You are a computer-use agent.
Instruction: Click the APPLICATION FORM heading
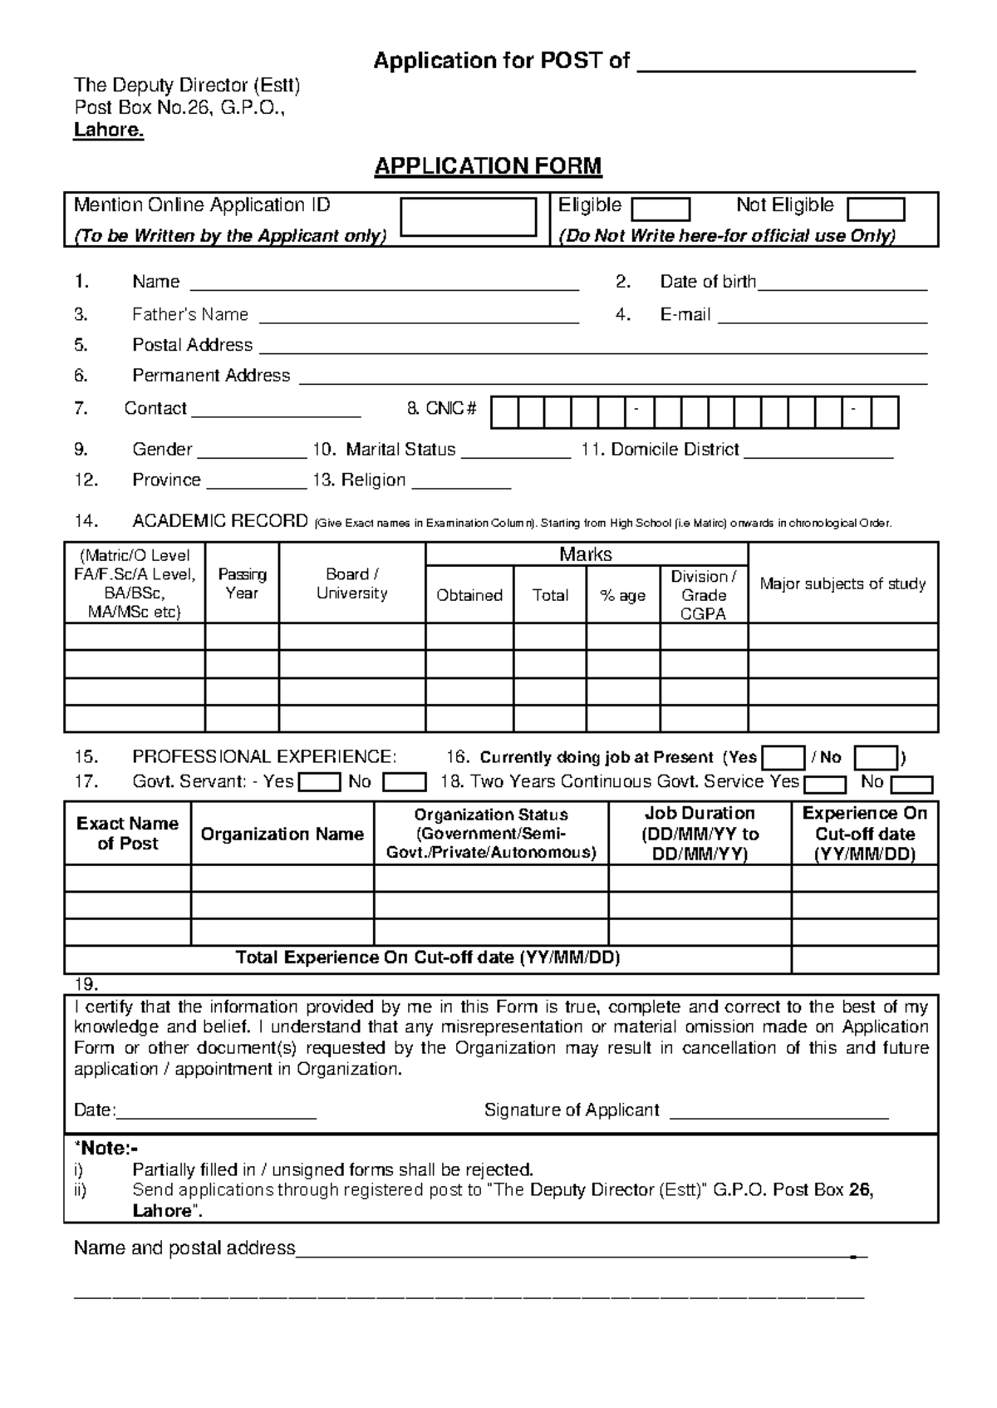[488, 166]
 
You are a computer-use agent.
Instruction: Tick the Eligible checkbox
[661, 209]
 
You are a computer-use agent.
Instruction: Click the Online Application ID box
[469, 218]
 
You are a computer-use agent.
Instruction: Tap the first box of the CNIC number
[504, 412]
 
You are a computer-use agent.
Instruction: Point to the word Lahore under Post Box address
[109, 130]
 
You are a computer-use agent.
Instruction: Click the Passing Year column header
[242, 583]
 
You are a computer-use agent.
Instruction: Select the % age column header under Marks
[622, 595]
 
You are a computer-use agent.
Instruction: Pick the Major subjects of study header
[842, 583]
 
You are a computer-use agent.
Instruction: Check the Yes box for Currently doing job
[783, 758]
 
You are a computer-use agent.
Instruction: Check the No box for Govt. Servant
[405, 782]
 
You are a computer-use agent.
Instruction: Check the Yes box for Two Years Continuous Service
[825, 785]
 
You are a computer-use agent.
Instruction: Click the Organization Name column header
[282, 834]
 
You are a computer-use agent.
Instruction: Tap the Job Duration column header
[700, 833]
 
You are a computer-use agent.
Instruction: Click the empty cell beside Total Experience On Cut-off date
[864, 959]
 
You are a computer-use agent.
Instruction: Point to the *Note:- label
[106, 1149]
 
